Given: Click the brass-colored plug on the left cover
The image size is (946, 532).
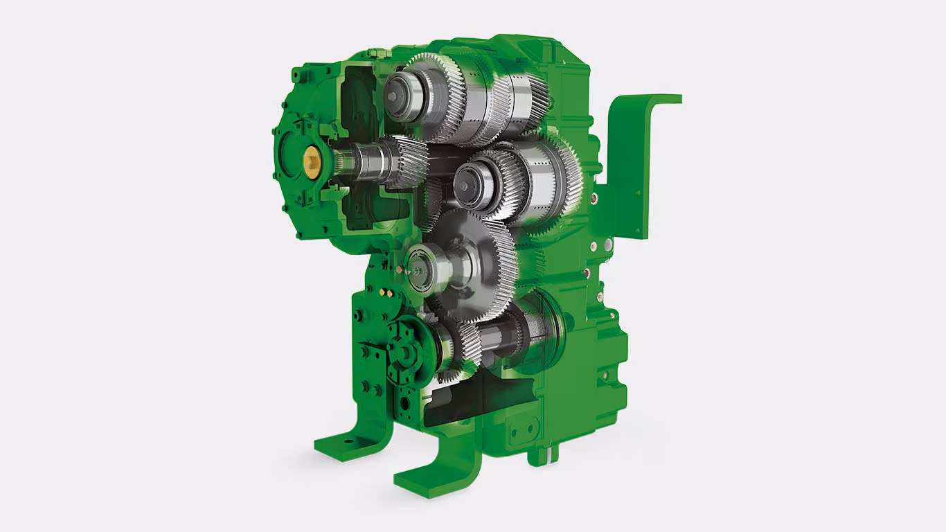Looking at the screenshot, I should [x=312, y=163].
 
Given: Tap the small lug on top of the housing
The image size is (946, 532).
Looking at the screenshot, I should [x=378, y=53].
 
